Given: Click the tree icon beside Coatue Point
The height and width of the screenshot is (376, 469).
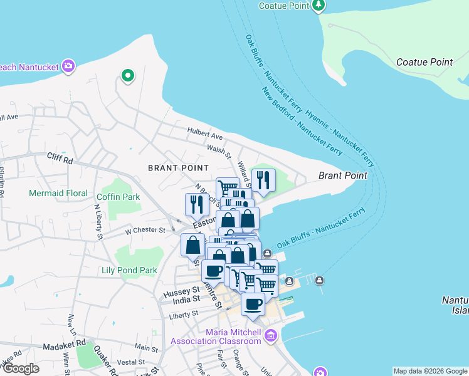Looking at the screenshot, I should (x=319, y=6).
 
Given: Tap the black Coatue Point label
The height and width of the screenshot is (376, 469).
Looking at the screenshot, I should (x=424, y=62).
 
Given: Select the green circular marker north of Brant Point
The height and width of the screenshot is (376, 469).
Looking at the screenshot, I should (x=127, y=76).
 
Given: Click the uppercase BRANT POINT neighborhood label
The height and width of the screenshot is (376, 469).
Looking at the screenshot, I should (x=178, y=168).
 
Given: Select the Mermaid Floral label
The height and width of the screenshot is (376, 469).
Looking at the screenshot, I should (x=58, y=193).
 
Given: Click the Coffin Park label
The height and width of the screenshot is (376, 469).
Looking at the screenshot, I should (x=123, y=197).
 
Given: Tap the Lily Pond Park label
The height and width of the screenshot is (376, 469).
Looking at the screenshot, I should (x=129, y=271).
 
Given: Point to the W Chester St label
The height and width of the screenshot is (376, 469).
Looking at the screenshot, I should (x=144, y=230).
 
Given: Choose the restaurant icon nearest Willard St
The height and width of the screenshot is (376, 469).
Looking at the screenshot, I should (x=263, y=180).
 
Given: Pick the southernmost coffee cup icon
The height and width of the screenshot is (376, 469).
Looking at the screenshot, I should (x=253, y=305).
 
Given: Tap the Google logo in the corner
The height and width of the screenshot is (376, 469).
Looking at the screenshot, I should (x=20, y=368).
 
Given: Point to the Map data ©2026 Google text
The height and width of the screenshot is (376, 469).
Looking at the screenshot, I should (x=429, y=371).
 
